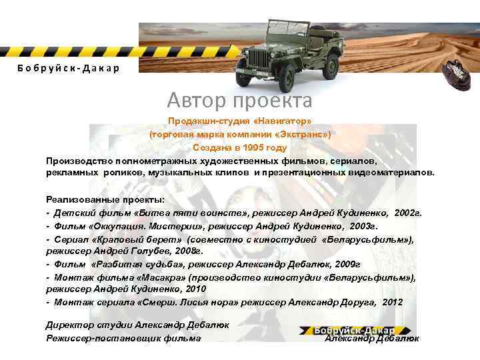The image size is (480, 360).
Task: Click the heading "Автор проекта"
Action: coord(239,101)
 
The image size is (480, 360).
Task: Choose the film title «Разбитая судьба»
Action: coord(135,264)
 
